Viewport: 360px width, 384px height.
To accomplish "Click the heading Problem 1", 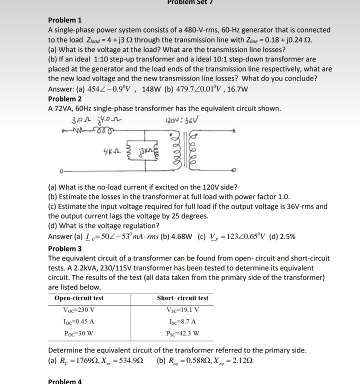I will (x=65, y=20).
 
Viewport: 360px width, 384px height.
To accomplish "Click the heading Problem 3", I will (x=65, y=248).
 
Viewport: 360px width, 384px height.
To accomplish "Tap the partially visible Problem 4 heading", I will (x=65, y=381).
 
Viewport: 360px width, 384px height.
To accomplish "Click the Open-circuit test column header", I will (x=79, y=298).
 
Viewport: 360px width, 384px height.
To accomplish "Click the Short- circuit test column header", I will (x=182, y=298).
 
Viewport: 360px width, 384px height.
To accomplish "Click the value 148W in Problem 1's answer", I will (x=152, y=89).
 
